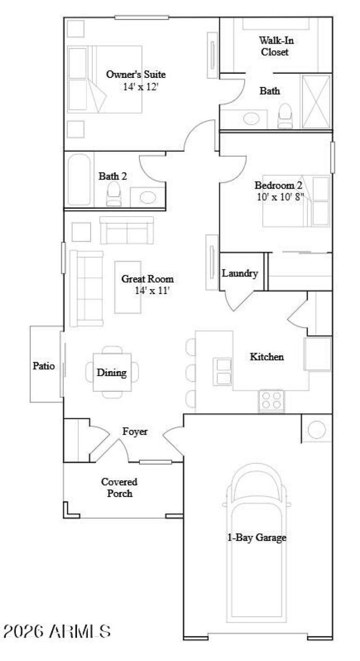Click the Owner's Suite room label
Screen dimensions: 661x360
pyautogui.click(x=135, y=74)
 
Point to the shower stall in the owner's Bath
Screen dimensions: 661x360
pyautogui.click(x=316, y=102)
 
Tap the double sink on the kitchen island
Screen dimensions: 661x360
pyautogui.click(x=223, y=371)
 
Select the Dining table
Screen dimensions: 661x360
pyautogui.click(x=112, y=372)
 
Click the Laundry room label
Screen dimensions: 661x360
pyautogui.click(x=240, y=273)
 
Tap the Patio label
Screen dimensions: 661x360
pyautogui.click(x=44, y=366)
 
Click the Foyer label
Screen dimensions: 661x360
pyautogui.click(x=135, y=431)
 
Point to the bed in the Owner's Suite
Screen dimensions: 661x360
pyautogui.click(x=105, y=79)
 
